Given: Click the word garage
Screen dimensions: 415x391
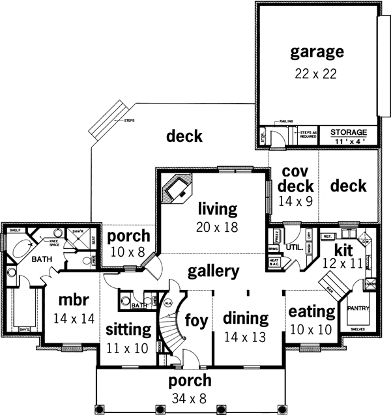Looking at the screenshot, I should pos(317,51).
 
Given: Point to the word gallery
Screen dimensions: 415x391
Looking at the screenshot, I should pos(214,270).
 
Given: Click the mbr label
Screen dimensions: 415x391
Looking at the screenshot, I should pos(73,302).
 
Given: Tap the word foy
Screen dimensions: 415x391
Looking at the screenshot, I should pos(196,321).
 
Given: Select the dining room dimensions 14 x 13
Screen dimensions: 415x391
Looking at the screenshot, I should pos(246,337).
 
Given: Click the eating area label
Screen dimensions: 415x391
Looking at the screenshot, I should pos(311,311).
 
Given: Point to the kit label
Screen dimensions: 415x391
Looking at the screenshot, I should pos(343,249).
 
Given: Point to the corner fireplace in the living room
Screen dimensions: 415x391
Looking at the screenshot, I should pos(177,190).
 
